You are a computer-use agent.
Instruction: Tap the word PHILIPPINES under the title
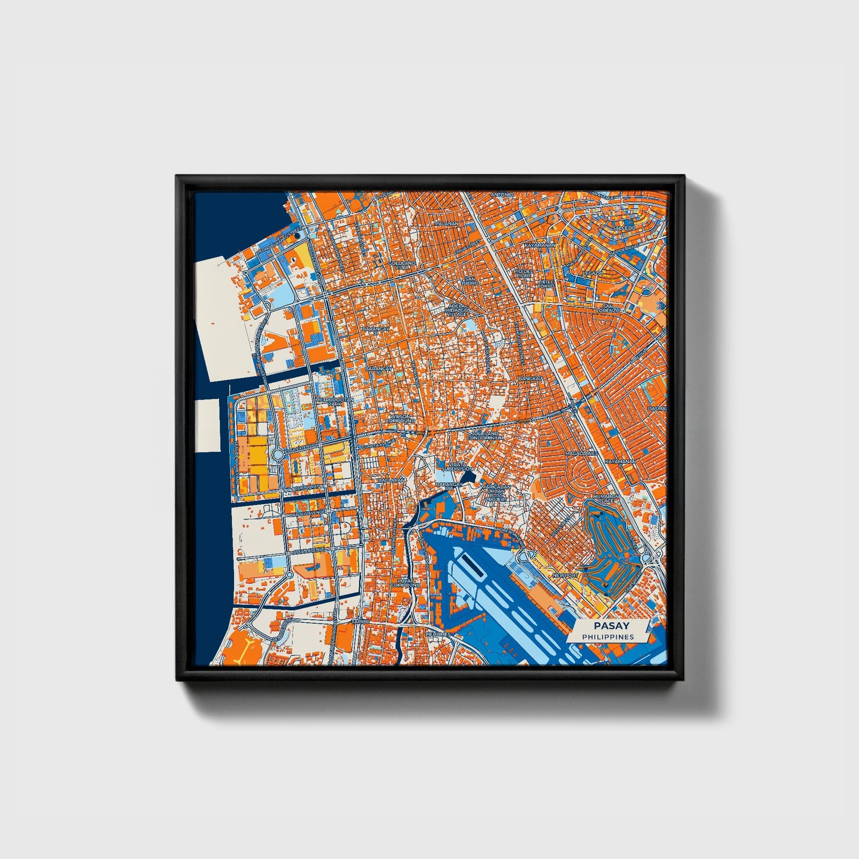[x=608, y=637]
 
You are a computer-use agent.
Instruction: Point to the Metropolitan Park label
[x=334, y=402]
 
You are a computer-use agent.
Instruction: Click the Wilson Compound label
[x=399, y=419]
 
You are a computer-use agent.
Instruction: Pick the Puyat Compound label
[x=405, y=583]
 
